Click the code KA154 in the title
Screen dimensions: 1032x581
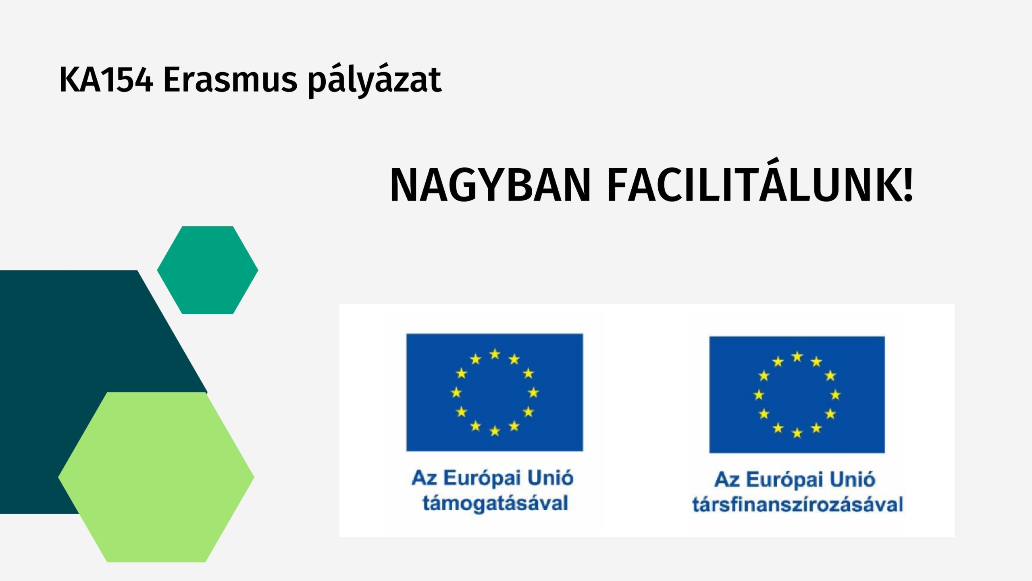[106, 80]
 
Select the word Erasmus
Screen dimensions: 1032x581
[230, 80]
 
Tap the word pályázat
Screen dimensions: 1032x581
[375, 81]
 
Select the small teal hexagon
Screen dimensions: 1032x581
[208, 270]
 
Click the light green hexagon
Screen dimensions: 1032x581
[156, 477]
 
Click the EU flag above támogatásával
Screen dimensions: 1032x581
[495, 392]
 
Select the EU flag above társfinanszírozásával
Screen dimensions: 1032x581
[797, 395]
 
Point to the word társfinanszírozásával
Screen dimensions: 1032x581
[797, 504]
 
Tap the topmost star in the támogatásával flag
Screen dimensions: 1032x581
[495, 354]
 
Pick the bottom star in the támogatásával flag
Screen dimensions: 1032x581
[495, 431]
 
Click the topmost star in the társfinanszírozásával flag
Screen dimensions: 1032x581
[797, 357]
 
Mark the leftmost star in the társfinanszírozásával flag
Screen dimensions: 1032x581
[759, 395]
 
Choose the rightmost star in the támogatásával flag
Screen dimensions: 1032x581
[533, 392]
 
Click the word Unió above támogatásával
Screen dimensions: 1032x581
[550, 478]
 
